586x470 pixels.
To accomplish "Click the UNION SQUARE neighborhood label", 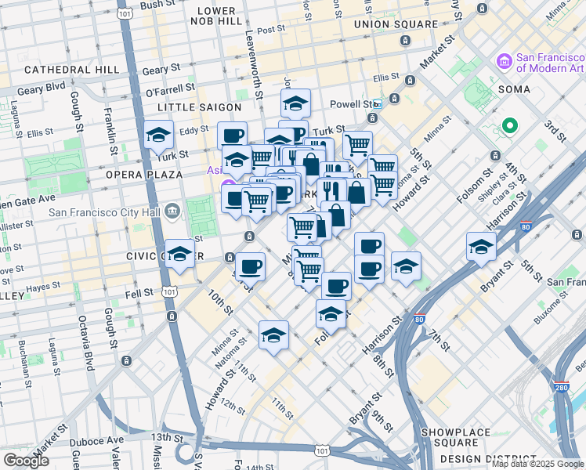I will click(x=396, y=24).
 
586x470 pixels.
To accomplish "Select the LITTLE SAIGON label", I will click(x=197, y=107).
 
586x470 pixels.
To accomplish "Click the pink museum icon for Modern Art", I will click(x=503, y=60).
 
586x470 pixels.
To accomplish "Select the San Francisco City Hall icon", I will click(x=173, y=210).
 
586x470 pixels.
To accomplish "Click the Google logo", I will click(x=26, y=461).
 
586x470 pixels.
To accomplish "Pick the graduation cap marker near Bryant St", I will click(x=481, y=247).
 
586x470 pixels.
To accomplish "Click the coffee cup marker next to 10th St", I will click(x=250, y=267).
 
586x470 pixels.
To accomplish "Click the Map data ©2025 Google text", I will click(x=537, y=464).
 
